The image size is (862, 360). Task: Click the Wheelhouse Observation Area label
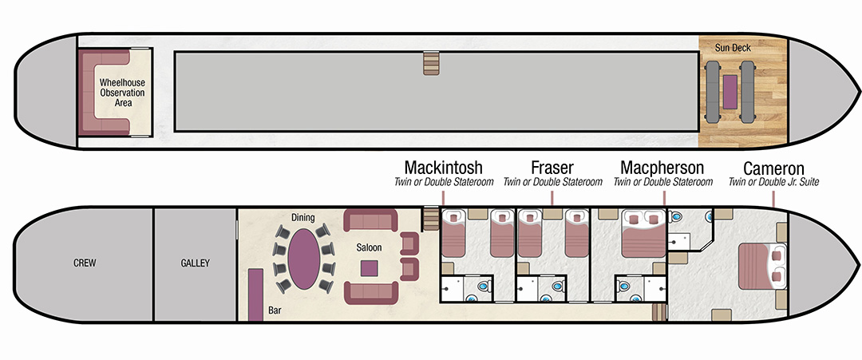click(122, 93)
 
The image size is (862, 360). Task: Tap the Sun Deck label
click(733, 48)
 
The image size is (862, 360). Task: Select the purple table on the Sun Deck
click(730, 92)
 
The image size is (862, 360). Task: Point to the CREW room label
click(85, 263)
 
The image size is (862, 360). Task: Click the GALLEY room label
click(196, 263)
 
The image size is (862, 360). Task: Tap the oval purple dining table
click(303, 259)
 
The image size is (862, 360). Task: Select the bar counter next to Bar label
click(255, 295)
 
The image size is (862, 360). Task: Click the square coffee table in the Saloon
click(369, 267)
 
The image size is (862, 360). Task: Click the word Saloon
click(368, 248)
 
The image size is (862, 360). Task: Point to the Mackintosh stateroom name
click(443, 167)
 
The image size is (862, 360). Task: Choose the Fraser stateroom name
click(552, 167)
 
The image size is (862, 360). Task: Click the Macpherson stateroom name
click(662, 167)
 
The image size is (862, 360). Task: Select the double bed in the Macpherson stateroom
click(643, 233)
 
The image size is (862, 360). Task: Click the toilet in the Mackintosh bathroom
click(483, 287)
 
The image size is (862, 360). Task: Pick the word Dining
click(303, 218)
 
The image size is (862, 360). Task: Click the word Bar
click(275, 311)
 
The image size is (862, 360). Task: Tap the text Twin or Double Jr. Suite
click(773, 182)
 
